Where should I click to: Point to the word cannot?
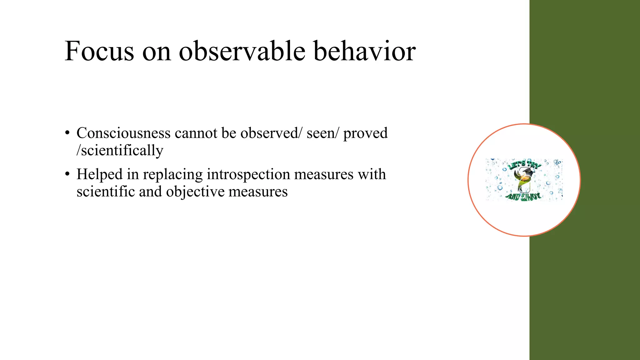click(x=196, y=133)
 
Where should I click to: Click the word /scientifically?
click(x=120, y=151)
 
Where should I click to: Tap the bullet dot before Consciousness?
click(x=67, y=133)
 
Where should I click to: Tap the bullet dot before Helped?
click(x=67, y=175)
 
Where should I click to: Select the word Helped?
click(x=99, y=174)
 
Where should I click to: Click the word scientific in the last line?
click(x=105, y=192)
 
